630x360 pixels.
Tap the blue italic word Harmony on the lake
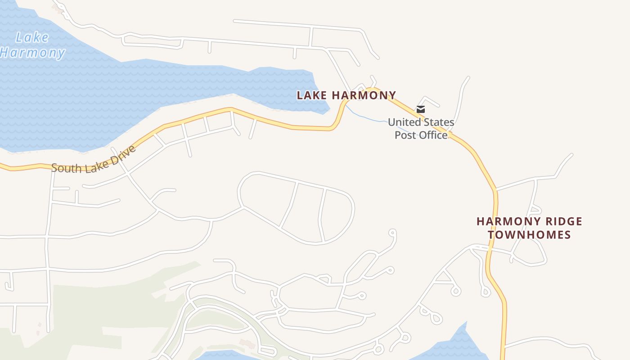pyautogui.click(x=32, y=53)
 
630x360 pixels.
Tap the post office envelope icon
pyautogui.click(x=421, y=109)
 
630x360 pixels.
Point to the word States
pyautogui.click(x=439, y=122)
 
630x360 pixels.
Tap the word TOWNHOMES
pyautogui.click(x=529, y=235)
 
